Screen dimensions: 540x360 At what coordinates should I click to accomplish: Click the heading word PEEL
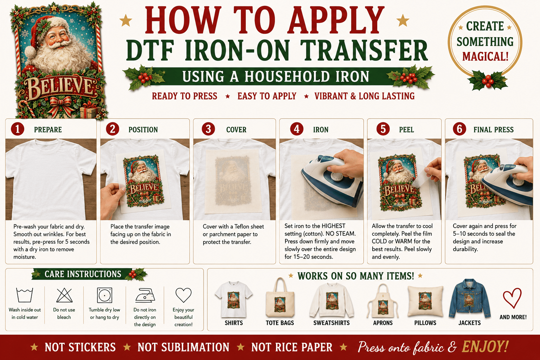(x=406, y=130)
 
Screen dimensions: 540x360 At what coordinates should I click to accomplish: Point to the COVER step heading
(x=236, y=130)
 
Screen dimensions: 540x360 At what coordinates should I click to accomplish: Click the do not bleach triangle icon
(x=64, y=295)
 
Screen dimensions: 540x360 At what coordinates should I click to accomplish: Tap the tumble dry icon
(x=105, y=295)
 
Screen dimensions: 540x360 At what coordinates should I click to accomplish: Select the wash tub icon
(x=24, y=295)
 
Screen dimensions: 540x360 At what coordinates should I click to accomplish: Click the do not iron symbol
(x=145, y=295)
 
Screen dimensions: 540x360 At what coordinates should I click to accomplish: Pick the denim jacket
(x=469, y=298)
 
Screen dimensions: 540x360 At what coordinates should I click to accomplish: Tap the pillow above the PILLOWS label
(x=425, y=301)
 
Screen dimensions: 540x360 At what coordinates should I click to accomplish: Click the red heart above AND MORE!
(x=512, y=298)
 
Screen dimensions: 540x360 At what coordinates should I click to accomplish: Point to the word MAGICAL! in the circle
(x=485, y=57)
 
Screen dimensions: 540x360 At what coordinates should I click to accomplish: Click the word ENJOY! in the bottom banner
(x=485, y=347)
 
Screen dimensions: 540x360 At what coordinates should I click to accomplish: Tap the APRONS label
(x=383, y=323)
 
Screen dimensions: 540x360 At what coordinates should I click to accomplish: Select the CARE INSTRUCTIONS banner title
(x=83, y=274)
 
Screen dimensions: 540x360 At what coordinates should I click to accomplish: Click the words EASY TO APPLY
(x=267, y=96)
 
